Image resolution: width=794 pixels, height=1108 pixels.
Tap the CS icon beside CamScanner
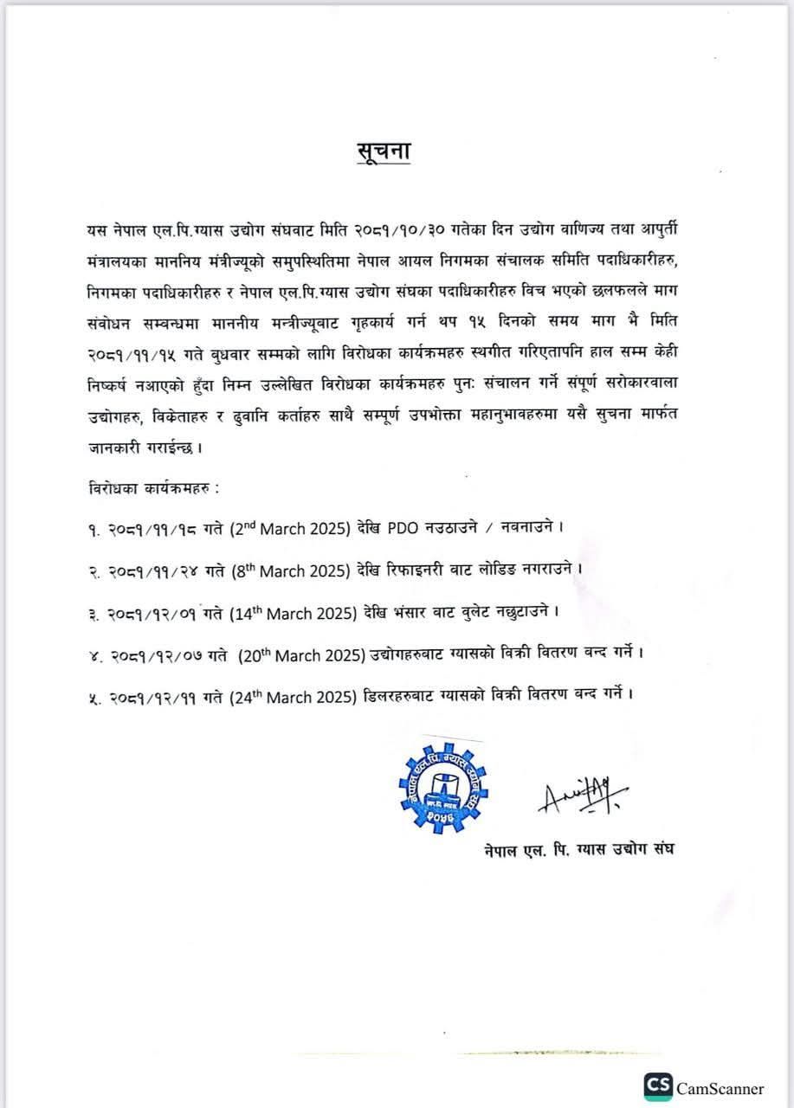(x=657, y=1086)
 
